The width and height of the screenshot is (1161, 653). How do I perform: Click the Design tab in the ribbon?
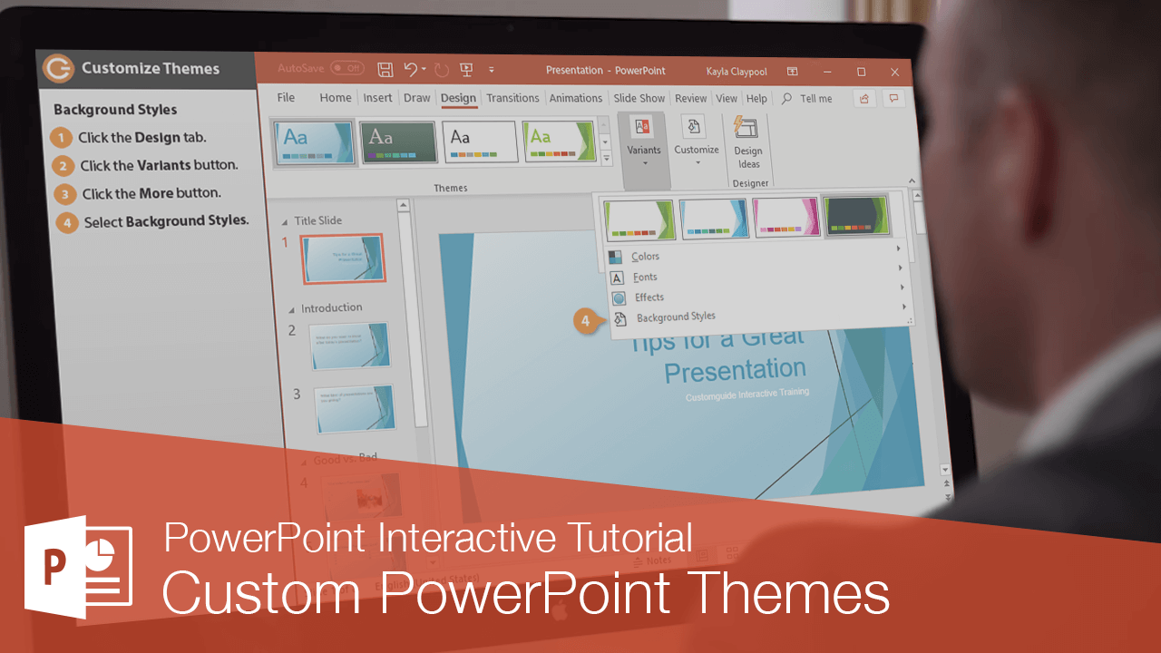[x=458, y=98]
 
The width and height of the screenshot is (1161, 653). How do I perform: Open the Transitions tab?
[x=512, y=98]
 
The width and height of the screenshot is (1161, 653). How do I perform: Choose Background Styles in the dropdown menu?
[x=676, y=317]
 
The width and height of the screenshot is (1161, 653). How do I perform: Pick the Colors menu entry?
[x=646, y=257]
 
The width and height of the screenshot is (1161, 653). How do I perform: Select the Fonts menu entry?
[x=645, y=278]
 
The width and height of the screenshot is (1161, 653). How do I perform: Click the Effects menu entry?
[x=649, y=297]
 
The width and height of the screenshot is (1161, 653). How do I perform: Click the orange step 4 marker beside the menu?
[x=586, y=321]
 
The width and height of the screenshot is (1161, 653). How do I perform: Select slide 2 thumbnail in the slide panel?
[x=350, y=346]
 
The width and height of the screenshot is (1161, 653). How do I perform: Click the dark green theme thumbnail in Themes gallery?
[x=397, y=142]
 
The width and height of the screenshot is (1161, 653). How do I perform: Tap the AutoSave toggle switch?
[x=346, y=69]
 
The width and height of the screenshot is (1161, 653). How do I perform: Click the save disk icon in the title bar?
[x=385, y=70]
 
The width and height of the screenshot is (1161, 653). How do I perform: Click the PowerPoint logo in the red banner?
[x=78, y=567]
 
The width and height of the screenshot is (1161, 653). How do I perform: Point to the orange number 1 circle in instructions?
[x=61, y=138]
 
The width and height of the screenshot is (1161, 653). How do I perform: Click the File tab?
[x=286, y=98]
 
